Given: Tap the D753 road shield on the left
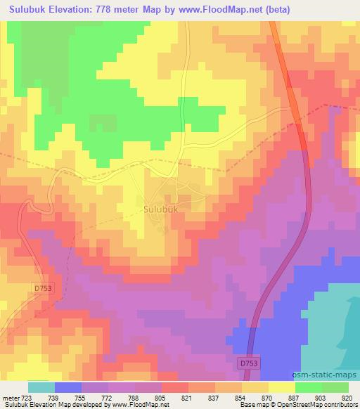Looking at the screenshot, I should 44,287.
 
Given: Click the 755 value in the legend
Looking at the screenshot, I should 81,397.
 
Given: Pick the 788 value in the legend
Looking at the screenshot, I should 134,397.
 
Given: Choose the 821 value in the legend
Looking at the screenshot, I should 188,397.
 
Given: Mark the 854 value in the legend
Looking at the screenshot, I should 241,397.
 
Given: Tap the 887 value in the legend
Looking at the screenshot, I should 294,397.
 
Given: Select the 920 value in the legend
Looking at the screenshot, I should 347,397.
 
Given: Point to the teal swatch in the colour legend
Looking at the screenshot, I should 41,387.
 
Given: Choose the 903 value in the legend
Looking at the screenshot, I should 321,397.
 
